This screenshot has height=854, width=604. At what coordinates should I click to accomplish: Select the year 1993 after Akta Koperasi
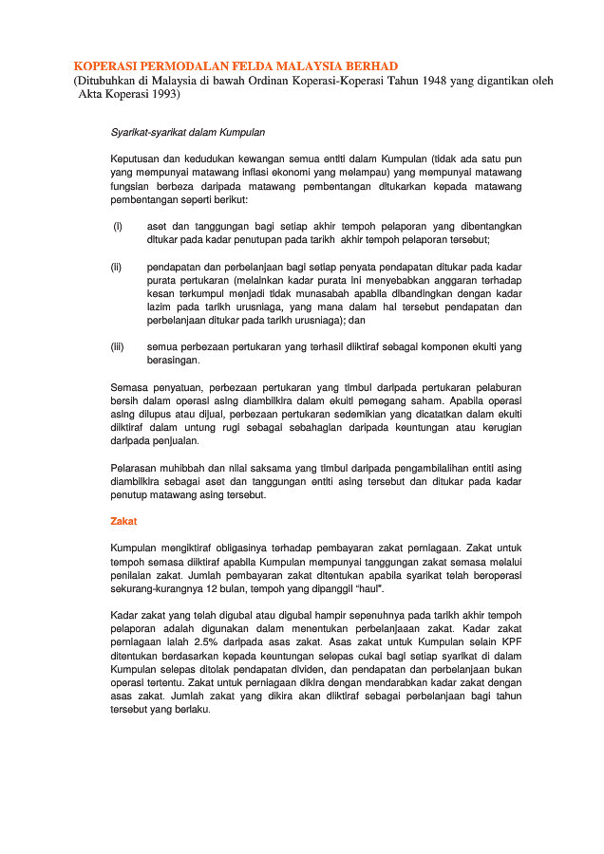pos(160,95)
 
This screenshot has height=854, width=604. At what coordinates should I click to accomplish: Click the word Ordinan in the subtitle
pos(241,81)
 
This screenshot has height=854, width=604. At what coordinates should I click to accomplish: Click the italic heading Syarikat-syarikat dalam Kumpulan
pos(187,132)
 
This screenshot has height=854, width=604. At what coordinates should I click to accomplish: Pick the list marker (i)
pos(117,226)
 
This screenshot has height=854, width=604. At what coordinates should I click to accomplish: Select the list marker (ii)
pos(118,268)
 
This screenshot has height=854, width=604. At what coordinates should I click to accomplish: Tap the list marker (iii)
pos(119,347)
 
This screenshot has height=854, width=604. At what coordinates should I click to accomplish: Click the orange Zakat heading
pos(123,521)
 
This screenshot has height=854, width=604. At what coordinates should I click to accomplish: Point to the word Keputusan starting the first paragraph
pos(137,158)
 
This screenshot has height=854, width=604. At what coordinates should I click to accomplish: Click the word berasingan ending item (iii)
pos(173,361)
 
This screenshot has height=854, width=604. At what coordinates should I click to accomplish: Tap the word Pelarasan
pos(133,468)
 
